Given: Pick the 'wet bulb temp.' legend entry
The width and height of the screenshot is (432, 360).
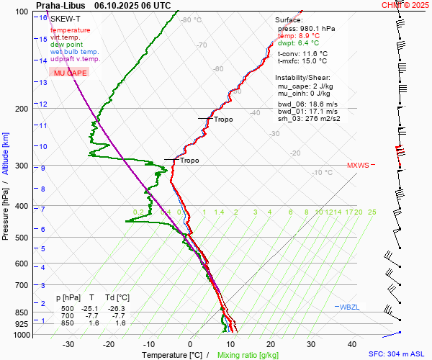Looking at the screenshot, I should pos(74,52).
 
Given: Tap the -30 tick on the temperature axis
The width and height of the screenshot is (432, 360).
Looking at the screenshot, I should pos(69,344).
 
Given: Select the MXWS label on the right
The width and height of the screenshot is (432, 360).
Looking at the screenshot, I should pos(358,166).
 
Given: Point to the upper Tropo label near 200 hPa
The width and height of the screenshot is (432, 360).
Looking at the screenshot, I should pos(223,120).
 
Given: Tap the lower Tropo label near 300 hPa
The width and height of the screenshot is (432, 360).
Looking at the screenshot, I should pos(189,161).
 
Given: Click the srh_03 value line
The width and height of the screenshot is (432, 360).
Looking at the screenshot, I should pos(309,118).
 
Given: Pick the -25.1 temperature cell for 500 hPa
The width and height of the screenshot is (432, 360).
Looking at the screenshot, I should pos(91,307).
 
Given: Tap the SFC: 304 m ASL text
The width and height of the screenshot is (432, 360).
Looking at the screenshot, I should pos(396,354).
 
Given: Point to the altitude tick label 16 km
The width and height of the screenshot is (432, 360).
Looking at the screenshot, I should pos(44,17).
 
